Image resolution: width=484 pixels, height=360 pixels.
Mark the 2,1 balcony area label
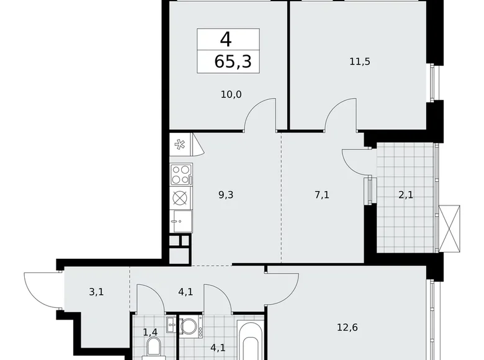(x=406, y=194)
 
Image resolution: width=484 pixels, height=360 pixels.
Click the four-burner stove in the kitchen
(x=181, y=174)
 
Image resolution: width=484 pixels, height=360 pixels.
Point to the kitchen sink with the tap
(x=181, y=220)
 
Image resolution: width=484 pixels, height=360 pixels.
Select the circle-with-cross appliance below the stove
(x=181, y=199)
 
